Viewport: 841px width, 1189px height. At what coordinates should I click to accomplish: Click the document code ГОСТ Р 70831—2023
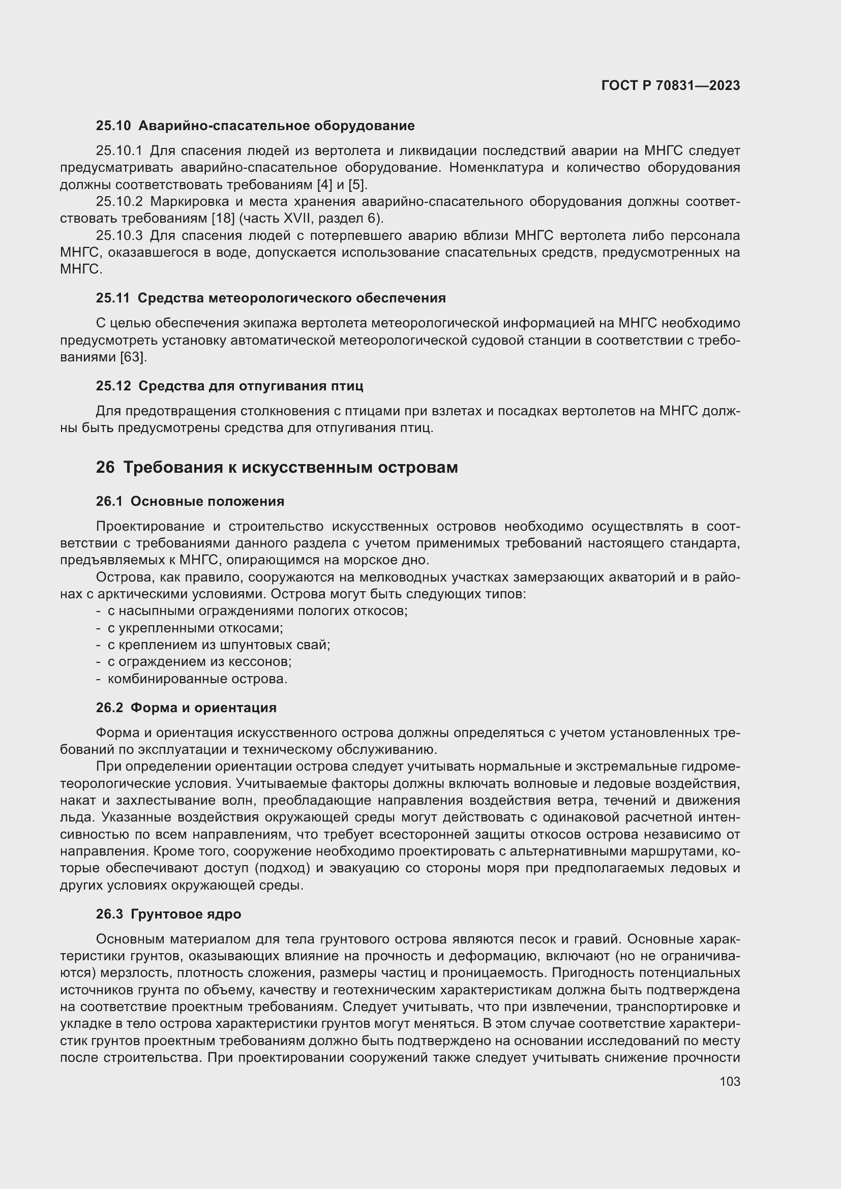[x=670, y=85]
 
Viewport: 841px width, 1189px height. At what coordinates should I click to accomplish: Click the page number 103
[x=730, y=1081]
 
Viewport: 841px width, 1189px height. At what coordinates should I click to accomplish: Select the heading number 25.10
[x=113, y=126]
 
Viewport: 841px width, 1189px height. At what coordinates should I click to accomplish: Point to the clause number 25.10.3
[x=119, y=236]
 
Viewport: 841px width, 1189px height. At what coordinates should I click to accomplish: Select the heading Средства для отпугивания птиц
[x=251, y=386]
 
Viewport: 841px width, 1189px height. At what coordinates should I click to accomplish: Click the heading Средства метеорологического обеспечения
[x=291, y=298]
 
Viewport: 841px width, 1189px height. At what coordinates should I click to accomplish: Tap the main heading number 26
[x=105, y=467]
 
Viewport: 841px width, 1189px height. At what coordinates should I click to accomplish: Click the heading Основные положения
[x=207, y=501]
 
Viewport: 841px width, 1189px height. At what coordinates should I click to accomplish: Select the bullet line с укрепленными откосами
[x=195, y=628]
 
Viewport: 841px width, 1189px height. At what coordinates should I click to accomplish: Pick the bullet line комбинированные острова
[x=197, y=679]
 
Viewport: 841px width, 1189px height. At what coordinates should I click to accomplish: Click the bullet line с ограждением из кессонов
[x=199, y=662]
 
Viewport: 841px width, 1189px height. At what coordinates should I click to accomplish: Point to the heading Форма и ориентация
[x=203, y=708]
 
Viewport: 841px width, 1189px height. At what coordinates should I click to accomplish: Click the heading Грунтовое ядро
[x=186, y=914]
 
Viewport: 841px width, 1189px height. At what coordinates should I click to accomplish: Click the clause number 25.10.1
[x=119, y=151]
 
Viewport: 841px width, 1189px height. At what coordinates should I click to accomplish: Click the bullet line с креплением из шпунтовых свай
[x=219, y=645]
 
